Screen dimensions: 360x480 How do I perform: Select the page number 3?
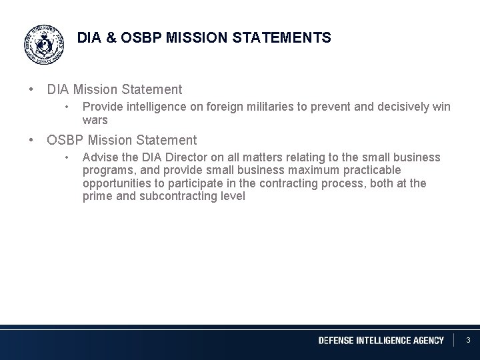(468, 341)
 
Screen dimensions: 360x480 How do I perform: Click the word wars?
(95, 121)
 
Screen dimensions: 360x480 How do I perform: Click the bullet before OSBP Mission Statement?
(31, 140)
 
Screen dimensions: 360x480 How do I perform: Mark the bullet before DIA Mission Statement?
(31, 89)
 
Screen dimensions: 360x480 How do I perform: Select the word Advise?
(99, 157)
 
